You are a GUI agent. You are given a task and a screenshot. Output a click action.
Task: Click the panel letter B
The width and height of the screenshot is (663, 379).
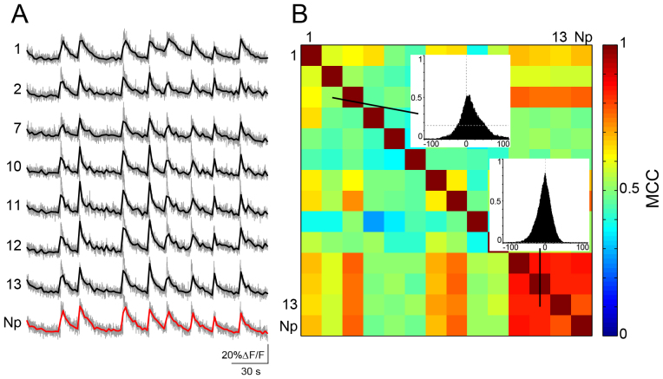[300, 16]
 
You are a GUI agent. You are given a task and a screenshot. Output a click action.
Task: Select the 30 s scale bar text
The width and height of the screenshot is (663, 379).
[252, 372]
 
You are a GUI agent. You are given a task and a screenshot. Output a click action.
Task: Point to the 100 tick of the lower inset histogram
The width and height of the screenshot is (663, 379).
[582, 247]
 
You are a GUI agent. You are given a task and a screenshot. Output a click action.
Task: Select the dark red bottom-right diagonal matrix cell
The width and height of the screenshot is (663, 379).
[581, 324]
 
